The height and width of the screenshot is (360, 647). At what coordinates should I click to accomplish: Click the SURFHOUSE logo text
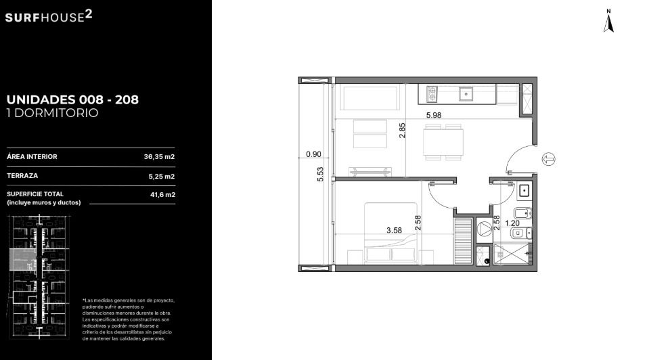(x=49, y=16)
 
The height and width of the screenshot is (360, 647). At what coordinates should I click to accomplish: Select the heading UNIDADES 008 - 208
(x=72, y=99)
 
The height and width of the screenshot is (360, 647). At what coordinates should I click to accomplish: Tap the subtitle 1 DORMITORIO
(x=52, y=113)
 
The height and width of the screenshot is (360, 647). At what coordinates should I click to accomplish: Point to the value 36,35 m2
(x=159, y=157)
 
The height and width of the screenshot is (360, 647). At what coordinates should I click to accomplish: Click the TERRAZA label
(x=22, y=176)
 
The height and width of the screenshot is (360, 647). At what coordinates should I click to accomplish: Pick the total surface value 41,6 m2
(x=162, y=195)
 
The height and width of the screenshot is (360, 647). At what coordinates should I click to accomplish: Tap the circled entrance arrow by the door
(x=548, y=159)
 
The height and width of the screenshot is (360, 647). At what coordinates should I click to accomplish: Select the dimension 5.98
(x=434, y=116)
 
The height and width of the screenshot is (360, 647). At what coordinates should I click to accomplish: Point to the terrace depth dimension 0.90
(x=313, y=154)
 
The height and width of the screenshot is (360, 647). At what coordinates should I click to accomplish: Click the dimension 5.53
(x=321, y=174)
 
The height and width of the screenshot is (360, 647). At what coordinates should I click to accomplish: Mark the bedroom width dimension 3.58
(x=394, y=230)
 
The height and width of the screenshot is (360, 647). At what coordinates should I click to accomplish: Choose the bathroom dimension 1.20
(x=512, y=223)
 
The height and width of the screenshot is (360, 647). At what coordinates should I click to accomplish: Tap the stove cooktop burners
(x=432, y=95)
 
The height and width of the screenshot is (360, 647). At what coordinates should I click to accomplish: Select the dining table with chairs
(x=443, y=142)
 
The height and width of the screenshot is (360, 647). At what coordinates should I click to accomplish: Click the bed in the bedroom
(x=391, y=233)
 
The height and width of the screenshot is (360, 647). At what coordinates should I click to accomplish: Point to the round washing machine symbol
(x=485, y=229)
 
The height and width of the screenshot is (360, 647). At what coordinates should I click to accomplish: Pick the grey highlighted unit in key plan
(x=23, y=260)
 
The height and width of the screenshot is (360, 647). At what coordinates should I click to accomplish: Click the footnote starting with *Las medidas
(x=129, y=319)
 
